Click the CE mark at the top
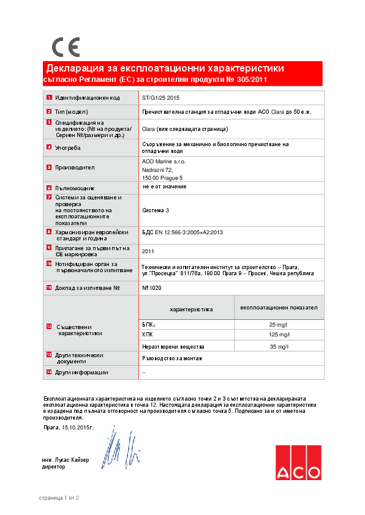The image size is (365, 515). coord(66,47)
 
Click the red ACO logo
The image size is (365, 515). coord(298,462)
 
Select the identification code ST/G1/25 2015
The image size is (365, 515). coord(160,98)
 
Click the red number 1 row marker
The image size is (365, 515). coord(49,98)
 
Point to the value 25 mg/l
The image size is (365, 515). coord(278,324)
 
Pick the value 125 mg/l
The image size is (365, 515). coord(278,335)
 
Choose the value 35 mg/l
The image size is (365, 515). coord(278,347)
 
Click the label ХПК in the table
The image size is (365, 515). coord(148,335)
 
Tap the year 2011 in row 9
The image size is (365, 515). coord(148,251)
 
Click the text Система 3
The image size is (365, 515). coord(156,210)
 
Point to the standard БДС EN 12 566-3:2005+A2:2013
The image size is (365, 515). coord(182,232)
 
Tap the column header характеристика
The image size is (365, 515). coord(190,309)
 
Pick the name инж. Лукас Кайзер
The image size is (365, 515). coord(66,459)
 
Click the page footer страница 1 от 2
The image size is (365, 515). coord(59,498)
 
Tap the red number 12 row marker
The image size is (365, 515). coord(49,327)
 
